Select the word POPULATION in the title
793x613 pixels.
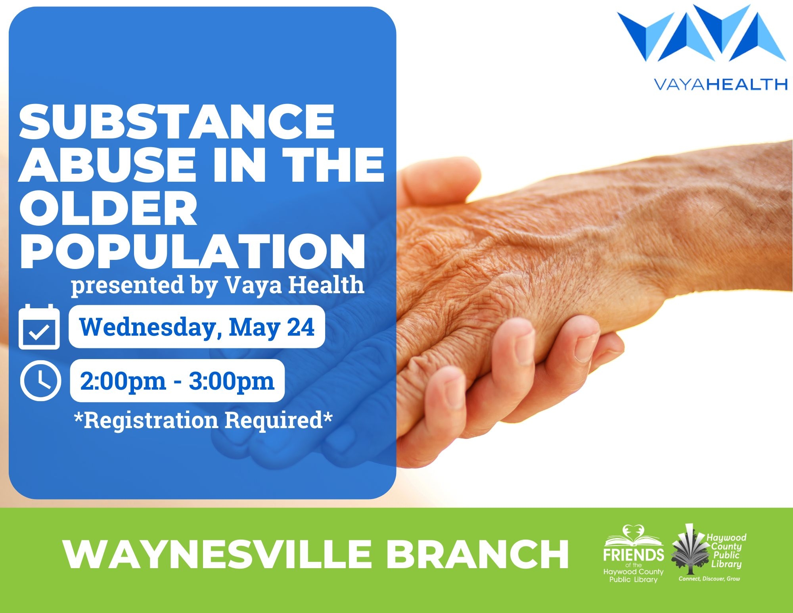click(x=192, y=251)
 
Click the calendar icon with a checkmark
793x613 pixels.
click(x=39, y=327)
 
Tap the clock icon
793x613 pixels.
click(x=40, y=380)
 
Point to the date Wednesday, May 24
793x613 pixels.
click(x=197, y=327)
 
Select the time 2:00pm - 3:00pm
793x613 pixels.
click(x=177, y=381)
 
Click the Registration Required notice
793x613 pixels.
click(x=203, y=420)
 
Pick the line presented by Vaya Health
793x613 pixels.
click(x=217, y=285)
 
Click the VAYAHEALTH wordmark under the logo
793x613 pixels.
click(x=720, y=85)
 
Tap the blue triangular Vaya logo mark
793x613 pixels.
click(x=701, y=33)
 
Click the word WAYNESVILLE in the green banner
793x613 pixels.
click(x=217, y=554)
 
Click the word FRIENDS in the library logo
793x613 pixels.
click(x=634, y=555)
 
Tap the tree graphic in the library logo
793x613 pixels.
click(x=690, y=550)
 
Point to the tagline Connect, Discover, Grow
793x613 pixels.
click(x=709, y=579)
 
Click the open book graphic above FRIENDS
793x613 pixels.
click(x=634, y=536)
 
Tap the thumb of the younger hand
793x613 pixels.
click(x=438, y=181)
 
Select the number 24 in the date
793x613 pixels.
click(x=301, y=327)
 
